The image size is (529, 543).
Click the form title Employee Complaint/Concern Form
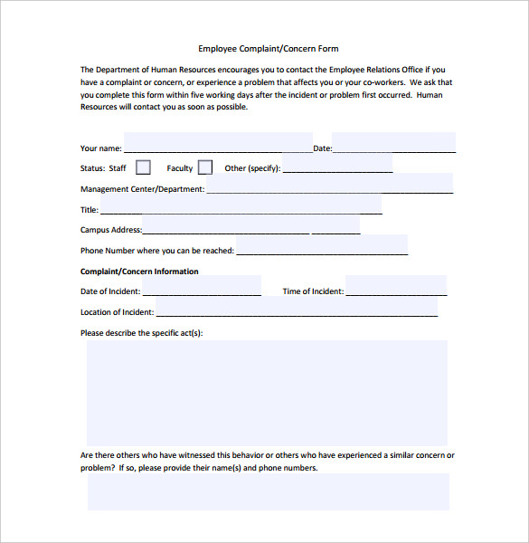[268, 49]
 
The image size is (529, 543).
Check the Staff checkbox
[143, 167]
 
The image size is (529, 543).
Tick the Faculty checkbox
[205, 167]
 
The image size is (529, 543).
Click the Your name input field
[217, 143]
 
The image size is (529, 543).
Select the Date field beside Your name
[394, 143]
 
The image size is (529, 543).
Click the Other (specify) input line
[337, 167]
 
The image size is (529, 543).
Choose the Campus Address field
[250, 225]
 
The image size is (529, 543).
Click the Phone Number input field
[321, 246]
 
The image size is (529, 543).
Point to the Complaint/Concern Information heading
[139, 271]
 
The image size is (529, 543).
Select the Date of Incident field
[201, 287]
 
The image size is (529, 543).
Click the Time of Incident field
[395, 287]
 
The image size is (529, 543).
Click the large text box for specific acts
[267, 390]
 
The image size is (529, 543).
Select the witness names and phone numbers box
[268, 491]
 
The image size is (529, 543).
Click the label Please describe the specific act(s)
[141, 333]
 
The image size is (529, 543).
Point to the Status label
[92, 168]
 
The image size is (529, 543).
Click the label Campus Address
[110, 231]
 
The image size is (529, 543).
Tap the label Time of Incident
[313, 291]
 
